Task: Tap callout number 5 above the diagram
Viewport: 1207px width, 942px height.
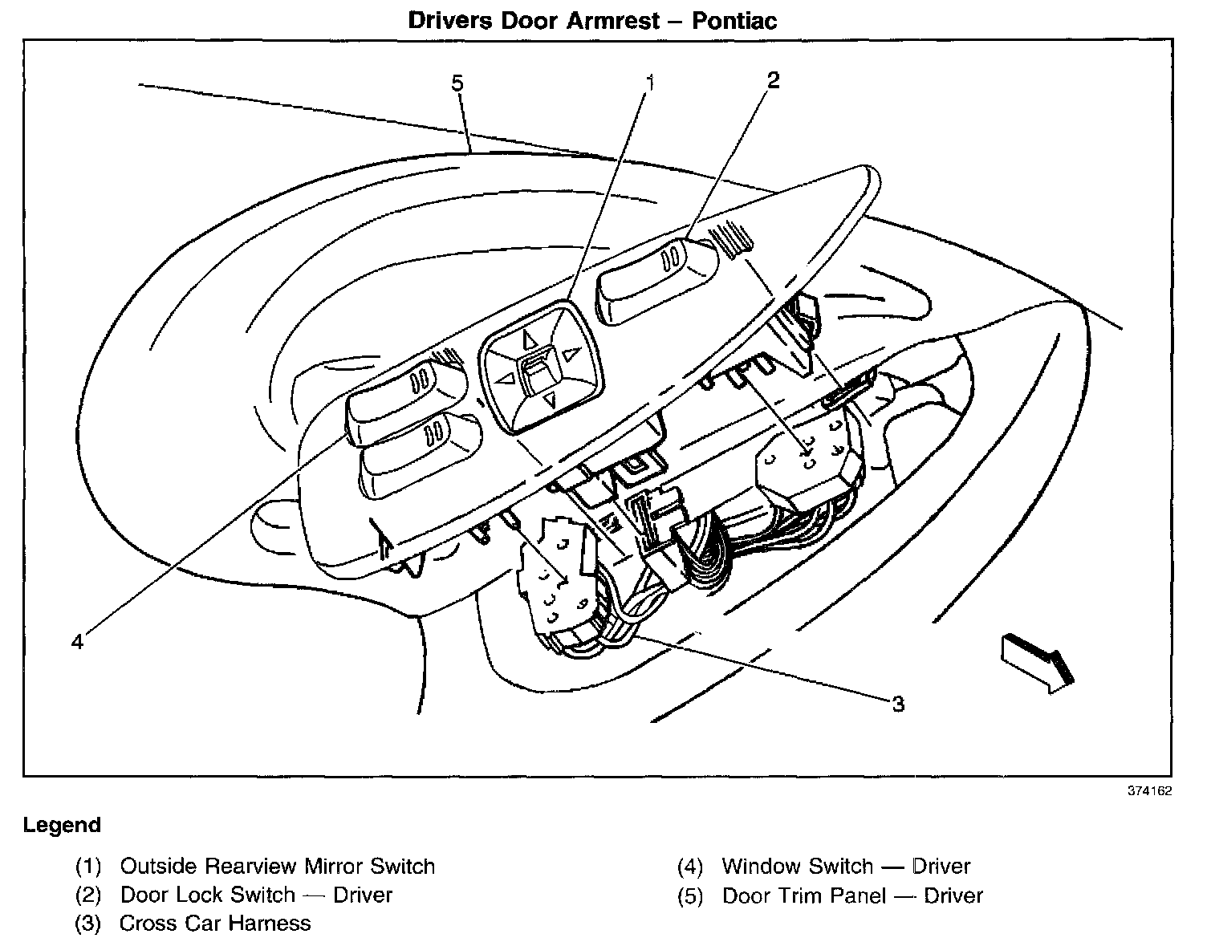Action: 457,83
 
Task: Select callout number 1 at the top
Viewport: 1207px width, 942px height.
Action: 651,81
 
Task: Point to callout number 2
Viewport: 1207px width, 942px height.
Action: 772,79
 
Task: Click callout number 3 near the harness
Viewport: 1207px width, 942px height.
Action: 898,704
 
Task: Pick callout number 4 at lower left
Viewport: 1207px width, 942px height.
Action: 77,642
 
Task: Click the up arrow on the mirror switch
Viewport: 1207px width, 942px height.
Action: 530,339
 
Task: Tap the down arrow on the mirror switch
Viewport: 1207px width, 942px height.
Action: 550,400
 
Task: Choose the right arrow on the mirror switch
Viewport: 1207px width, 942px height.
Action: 571,352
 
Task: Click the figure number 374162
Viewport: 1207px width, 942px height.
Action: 1150,790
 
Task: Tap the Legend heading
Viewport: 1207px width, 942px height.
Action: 62,825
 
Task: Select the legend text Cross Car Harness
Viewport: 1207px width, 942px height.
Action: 214,924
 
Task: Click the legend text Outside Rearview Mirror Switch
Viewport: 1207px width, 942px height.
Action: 277,867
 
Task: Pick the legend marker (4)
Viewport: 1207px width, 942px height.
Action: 690,867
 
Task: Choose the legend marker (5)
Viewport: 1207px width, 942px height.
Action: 690,895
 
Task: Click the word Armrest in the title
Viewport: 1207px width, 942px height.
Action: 615,19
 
